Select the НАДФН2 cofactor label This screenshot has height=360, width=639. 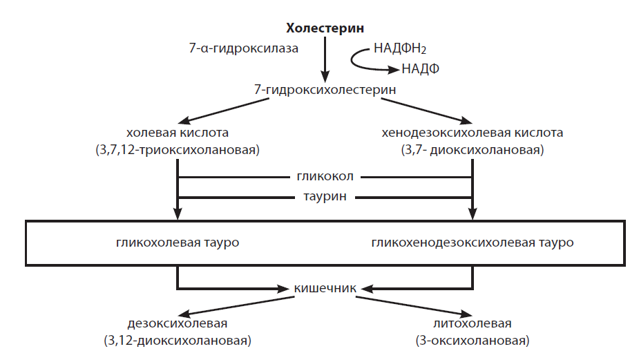coord(405,49)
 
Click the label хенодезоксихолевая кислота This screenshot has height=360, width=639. coord(473,132)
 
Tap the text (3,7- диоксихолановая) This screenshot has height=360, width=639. coord(473,149)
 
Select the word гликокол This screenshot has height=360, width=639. coord(325,177)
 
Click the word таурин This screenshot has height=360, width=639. coord(325,197)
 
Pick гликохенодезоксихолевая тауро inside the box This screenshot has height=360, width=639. coord(472,243)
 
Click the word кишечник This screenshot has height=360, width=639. coord(325,288)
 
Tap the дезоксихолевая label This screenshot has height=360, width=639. coord(178,323)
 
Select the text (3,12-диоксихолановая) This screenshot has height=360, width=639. coord(178,341)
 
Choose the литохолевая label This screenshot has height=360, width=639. coord(473,323)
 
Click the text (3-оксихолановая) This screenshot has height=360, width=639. coord(473,341)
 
